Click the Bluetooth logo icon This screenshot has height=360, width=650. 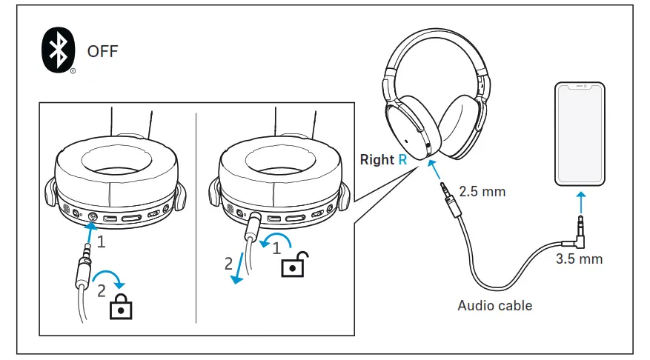[x=57, y=52]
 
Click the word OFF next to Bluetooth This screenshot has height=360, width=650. [x=102, y=52]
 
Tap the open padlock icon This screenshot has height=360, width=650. [x=293, y=264]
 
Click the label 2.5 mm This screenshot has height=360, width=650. [x=482, y=191]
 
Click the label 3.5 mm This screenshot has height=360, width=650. [x=579, y=259]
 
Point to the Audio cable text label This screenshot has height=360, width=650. [x=494, y=305]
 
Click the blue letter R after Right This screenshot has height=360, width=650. [x=402, y=159]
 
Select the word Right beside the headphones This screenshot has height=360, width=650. [x=377, y=159]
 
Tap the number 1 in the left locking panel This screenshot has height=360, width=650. [x=102, y=241]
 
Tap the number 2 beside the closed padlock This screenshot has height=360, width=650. [x=101, y=291]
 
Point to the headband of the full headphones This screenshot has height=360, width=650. [x=434, y=46]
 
